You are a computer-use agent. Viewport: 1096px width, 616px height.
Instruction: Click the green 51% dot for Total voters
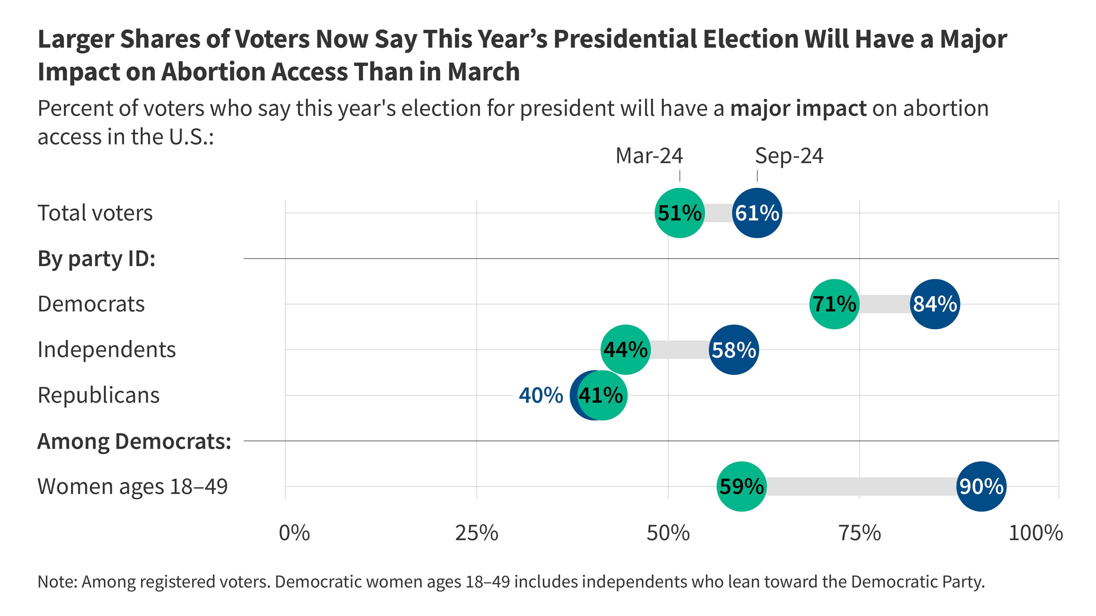point(680,213)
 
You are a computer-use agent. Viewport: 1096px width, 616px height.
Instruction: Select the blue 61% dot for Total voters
point(757,213)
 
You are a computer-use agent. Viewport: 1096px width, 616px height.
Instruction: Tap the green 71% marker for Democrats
point(834,304)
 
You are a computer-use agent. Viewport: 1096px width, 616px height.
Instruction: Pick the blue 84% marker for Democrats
point(935,304)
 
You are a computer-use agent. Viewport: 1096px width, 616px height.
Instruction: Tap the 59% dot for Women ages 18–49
point(742,486)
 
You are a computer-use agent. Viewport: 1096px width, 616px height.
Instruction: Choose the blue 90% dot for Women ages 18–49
point(981,486)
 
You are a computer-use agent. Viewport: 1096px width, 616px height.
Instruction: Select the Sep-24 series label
point(789,156)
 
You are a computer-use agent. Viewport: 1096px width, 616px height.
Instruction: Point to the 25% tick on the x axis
point(477,533)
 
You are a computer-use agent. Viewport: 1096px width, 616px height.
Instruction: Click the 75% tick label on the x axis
point(859,533)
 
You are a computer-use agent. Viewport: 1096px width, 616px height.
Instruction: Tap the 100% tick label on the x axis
point(1035,533)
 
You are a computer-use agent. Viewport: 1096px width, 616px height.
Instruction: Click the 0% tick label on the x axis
point(294,533)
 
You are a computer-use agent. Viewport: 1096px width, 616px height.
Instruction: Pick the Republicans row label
point(98,395)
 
